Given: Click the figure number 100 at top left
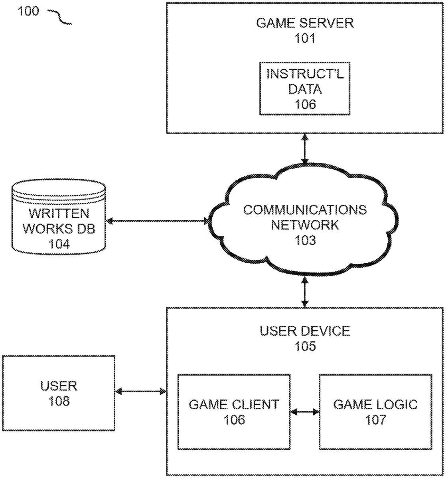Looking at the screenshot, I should pos(28,11).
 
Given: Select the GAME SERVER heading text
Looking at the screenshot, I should pos(305,23).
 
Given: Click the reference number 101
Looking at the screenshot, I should pos(305,39).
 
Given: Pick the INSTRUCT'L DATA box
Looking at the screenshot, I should pos(305,88).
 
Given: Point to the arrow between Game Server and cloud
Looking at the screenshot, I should pos(305,149).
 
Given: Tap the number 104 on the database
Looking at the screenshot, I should pos(59,243).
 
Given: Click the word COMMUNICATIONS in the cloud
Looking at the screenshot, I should pos(305,210).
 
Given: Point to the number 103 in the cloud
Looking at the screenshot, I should pos(305,240).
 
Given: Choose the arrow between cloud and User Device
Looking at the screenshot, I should pos(305,292).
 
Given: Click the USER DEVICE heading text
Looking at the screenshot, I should pos(305,331).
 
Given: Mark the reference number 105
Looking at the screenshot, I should pos(305,346).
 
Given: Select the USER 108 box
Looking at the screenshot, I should pos(59,393).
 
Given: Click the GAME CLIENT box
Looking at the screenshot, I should pos(234,411).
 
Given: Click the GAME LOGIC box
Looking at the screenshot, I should pos(375,411).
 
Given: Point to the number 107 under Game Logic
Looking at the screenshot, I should pos(375,419).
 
